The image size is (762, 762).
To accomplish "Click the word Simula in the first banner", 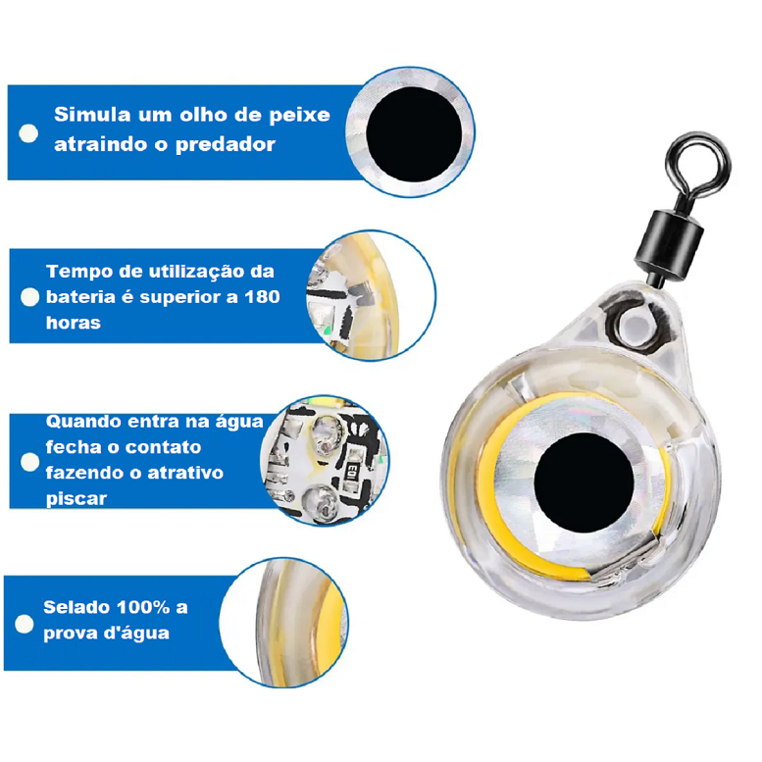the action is tap(92, 115).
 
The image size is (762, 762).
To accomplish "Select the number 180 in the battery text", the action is tap(262, 296).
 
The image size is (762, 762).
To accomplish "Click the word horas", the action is tap(74, 323).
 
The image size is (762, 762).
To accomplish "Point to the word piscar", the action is tap(76, 499).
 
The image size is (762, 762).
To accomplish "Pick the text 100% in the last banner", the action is tap(143, 607).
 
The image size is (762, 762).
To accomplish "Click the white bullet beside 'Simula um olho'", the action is tap(28, 133).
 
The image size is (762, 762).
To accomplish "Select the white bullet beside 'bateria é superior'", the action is tap(29, 297).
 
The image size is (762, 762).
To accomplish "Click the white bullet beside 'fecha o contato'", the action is tap(29, 462).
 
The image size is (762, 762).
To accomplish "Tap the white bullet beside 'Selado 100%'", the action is tap(25, 624).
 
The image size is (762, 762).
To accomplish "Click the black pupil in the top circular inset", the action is tap(414, 134).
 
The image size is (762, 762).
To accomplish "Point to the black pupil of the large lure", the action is tap(584, 483).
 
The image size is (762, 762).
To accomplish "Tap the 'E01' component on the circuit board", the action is tap(352, 473).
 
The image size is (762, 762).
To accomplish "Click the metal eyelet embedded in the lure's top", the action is tap(634, 324).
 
